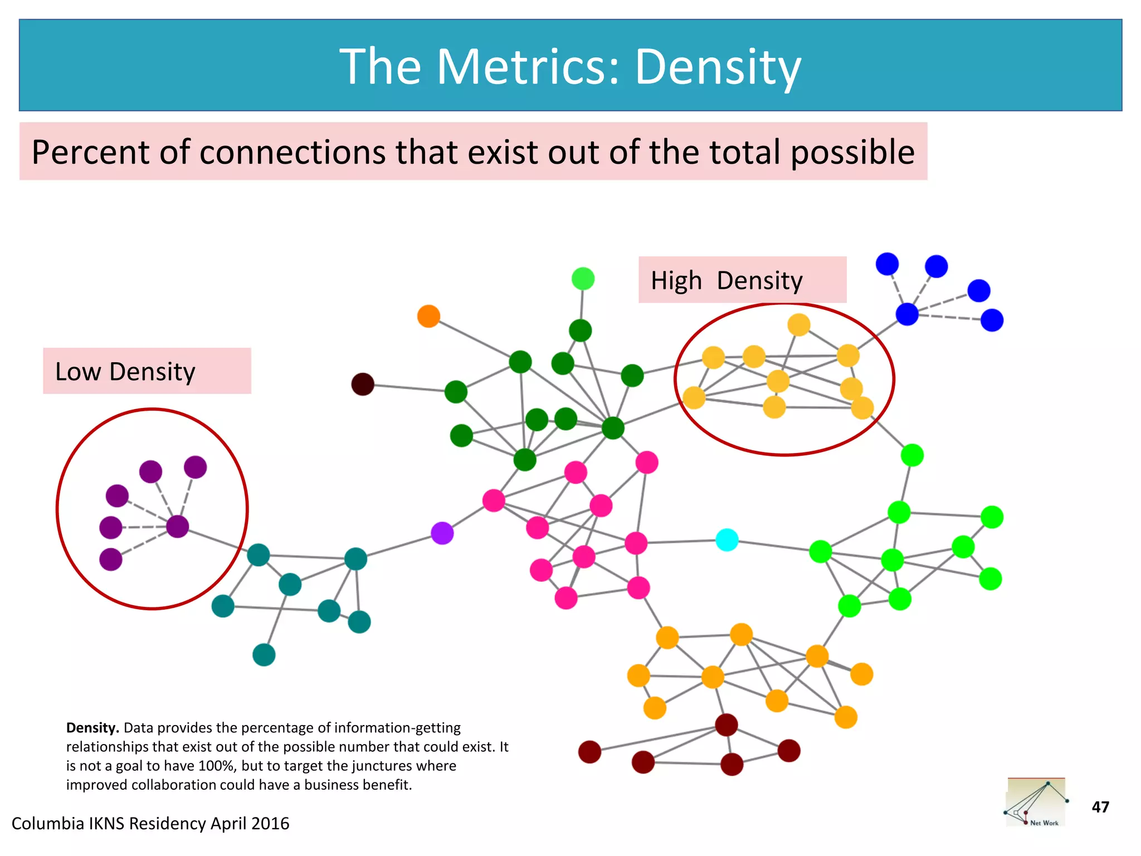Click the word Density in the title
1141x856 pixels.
click(x=718, y=67)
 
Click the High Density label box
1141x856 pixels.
click(x=742, y=280)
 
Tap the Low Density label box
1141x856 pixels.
click(x=147, y=371)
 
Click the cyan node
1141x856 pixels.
click(x=727, y=539)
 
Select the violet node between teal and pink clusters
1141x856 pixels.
click(x=442, y=533)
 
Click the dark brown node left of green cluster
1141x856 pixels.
click(x=363, y=384)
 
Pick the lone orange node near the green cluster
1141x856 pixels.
click(x=428, y=316)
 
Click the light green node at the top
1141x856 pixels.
click(x=583, y=279)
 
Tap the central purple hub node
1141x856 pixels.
click(x=178, y=526)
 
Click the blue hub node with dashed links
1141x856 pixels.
click(x=907, y=314)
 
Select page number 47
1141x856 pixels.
click(x=1100, y=807)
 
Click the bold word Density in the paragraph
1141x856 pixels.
click(x=92, y=728)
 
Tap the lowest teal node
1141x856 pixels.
click(x=264, y=655)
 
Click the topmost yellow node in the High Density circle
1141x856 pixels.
click(x=799, y=324)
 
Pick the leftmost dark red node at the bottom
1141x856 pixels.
click(x=589, y=752)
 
